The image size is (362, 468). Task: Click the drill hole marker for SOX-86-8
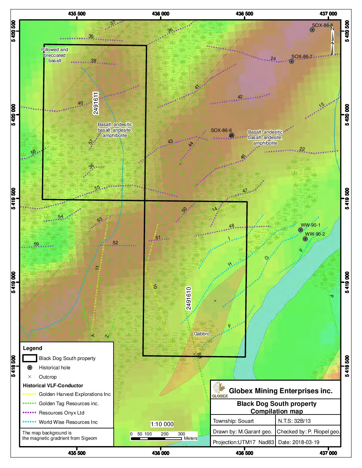pos(312,30)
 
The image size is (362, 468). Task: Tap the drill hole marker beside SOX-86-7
pos(291,61)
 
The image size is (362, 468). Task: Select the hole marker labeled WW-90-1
pos(300,230)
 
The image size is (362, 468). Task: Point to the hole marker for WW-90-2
pos(305,239)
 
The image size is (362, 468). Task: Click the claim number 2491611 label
pos(96,103)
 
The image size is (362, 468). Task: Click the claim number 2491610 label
pos(189,298)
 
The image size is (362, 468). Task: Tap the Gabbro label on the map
pos(202,334)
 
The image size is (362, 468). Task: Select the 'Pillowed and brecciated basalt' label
pos(55,55)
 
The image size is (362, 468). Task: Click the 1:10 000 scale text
pos(162,424)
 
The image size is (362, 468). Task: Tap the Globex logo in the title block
pos(219,390)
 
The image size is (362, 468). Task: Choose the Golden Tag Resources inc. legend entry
pos(69,404)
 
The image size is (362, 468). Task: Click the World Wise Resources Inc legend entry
pos(68,422)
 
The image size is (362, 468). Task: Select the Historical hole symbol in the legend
pos(30,368)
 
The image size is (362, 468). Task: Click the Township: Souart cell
pos(233,421)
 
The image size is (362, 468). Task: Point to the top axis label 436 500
pos(244,14)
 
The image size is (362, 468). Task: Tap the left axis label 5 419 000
pos(14,282)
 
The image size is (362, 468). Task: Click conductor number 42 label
pos(240,97)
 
